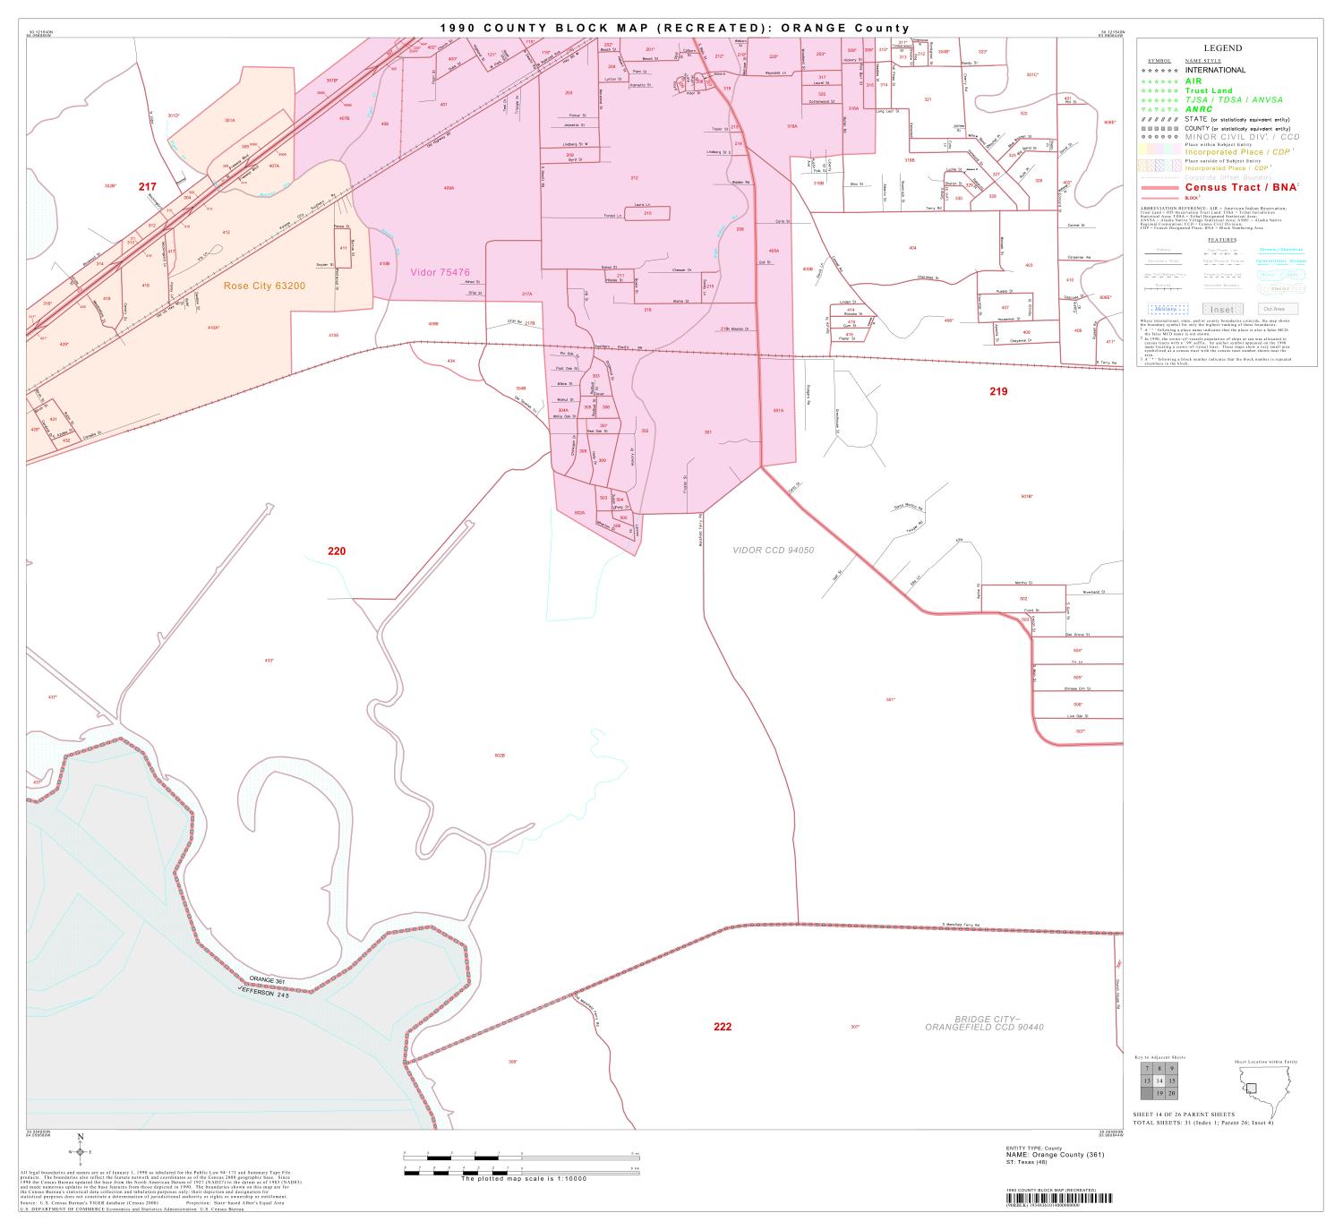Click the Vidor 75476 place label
tap(441, 272)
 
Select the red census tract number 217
tap(147, 186)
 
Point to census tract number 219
tap(998, 391)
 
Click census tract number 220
tap(336, 551)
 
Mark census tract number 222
tap(723, 1026)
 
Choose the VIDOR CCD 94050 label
tap(774, 550)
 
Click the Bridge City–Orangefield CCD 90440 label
tap(985, 1022)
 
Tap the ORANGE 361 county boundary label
tap(267, 980)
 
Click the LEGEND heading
tap(1222, 48)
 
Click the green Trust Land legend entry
tap(1209, 90)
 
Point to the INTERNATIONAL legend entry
tap(1215, 70)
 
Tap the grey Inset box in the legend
tap(1222, 309)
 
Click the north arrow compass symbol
tap(81, 1152)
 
